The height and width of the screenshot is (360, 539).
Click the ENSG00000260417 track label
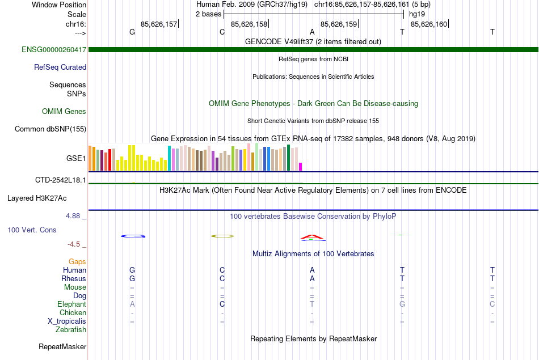coord(54,50)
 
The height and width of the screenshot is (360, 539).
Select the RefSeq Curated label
coord(60,67)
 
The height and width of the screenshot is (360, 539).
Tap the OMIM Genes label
coord(64,112)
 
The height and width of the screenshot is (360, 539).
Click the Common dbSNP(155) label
coord(50,129)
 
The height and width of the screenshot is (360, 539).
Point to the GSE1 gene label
coord(76,158)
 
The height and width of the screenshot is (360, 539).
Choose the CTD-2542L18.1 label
coord(61,180)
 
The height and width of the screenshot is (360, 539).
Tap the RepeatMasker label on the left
coord(62,346)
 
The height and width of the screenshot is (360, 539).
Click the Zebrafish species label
coord(71,329)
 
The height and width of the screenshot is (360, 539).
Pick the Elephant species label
coord(72,304)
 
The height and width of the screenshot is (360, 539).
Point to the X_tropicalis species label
coord(67,321)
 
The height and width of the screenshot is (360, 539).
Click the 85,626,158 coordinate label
coord(249,24)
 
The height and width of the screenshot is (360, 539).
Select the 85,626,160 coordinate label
coord(429,24)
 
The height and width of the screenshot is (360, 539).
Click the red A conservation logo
coord(311,236)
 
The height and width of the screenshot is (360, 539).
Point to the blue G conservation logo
coord(133,236)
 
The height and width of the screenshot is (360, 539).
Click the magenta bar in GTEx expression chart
coord(301,166)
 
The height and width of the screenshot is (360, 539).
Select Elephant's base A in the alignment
coord(132,304)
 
